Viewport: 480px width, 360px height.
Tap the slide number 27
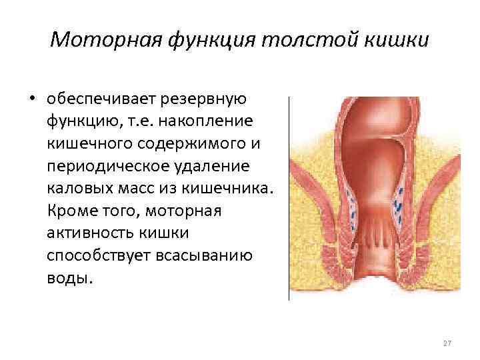(x=447, y=343)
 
